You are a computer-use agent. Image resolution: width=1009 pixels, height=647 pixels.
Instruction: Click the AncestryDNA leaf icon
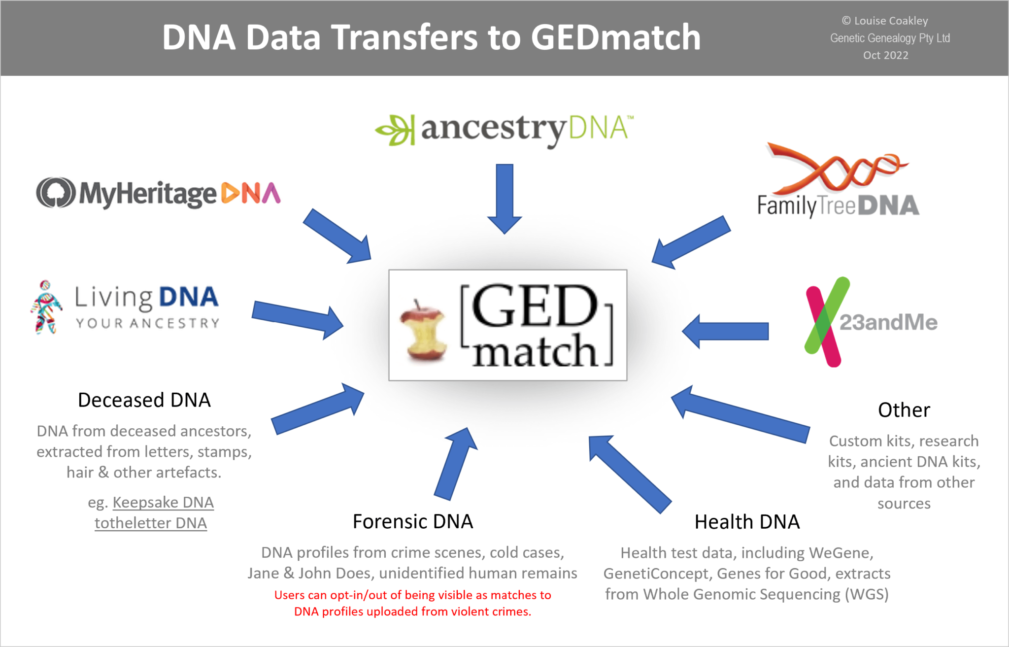click(x=395, y=130)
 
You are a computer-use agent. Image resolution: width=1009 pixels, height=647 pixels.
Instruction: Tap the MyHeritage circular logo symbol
click(x=56, y=193)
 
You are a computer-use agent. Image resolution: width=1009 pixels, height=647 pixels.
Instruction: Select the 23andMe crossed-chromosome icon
click(x=826, y=321)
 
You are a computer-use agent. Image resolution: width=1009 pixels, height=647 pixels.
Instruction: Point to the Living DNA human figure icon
click(x=46, y=307)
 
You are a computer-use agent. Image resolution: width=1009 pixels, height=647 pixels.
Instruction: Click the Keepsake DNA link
click(x=163, y=503)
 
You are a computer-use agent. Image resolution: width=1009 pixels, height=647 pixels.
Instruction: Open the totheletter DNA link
click(x=151, y=523)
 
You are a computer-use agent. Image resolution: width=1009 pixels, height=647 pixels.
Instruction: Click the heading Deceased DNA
click(x=144, y=400)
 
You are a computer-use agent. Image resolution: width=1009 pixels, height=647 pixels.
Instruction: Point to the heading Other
click(x=904, y=410)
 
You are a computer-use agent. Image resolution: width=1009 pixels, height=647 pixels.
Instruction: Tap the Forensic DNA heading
click(x=413, y=521)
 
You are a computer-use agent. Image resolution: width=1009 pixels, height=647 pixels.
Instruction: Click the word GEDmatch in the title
click(x=615, y=37)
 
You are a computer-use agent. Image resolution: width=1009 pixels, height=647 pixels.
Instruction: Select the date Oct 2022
click(x=885, y=55)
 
